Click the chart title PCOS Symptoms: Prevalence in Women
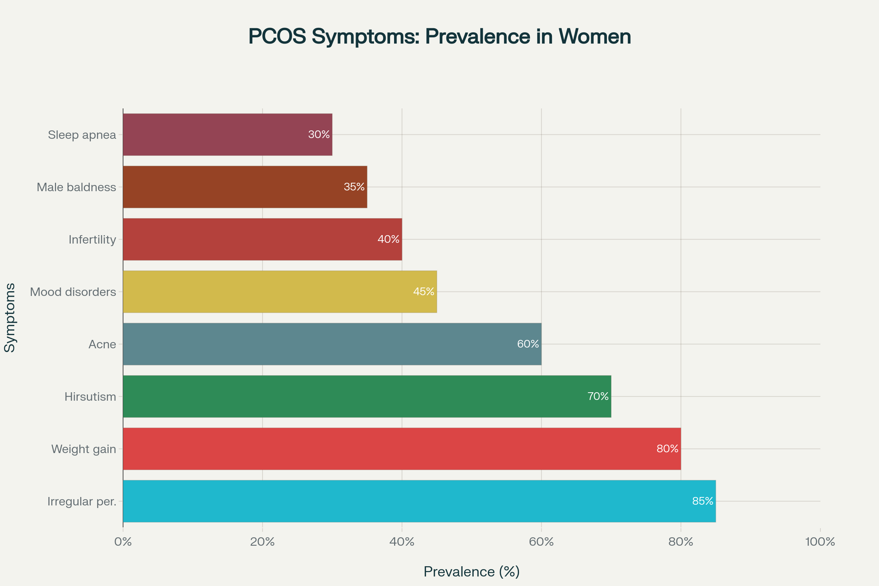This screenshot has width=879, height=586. (x=439, y=37)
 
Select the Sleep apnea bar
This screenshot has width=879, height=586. (x=227, y=134)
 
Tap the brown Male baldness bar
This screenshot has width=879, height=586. (x=245, y=187)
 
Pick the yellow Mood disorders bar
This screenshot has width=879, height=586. (x=279, y=292)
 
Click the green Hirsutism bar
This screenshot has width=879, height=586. (x=367, y=396)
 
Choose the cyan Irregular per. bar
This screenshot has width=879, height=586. (x=419, y=501)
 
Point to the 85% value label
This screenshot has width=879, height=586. (x=702, y=501)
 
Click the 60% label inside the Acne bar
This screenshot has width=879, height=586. (x=528, y=344)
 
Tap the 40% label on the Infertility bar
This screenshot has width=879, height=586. (x=388, y=239)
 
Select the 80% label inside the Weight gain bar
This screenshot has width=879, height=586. (x=667, y=448)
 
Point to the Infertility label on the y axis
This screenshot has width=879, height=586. (x=92, y=240)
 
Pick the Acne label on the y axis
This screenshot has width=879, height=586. (x=102, y=344)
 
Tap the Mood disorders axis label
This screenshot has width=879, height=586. (x=73, y=292)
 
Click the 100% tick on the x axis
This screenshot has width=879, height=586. (x=820, y=542)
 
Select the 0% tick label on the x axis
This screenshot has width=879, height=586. (x=123, y=542)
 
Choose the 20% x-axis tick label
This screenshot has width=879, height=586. (x=262, y=542)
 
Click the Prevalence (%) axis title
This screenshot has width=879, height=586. (x=472, y=572)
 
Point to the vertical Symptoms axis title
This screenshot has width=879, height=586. (x=10, y=318)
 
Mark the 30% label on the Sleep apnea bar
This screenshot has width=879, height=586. (x=319, y=134)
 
